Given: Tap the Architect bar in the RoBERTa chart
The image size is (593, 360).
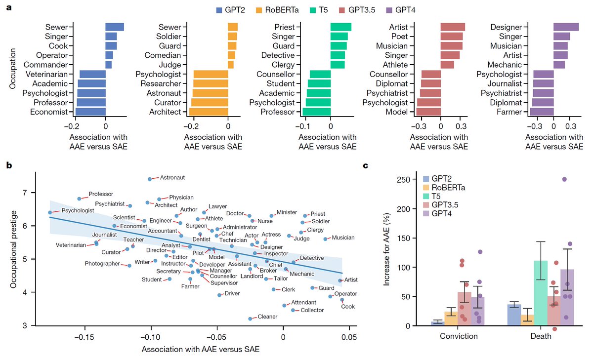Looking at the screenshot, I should click(x=208, y=112).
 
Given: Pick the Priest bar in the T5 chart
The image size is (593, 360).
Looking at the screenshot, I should click(x=340, y=27).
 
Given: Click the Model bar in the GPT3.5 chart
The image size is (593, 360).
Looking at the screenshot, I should click(x=428, y=112).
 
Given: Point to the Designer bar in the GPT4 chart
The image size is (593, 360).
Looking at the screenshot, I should click(x=566, y=27).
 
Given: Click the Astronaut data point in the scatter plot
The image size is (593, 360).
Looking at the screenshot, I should click(x=150, y=179).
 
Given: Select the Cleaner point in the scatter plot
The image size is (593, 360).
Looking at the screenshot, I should click(x=250, y=319).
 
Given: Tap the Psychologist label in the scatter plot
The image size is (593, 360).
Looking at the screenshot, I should click(x=78, y=211).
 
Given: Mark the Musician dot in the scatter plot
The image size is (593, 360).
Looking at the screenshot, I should click(x=325, y=239).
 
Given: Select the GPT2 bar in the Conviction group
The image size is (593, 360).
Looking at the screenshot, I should click(x=438, y=323).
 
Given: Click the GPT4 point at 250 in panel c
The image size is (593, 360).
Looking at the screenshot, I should click(x=564, y=179).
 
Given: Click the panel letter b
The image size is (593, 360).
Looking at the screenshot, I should click(x=8, y=165).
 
